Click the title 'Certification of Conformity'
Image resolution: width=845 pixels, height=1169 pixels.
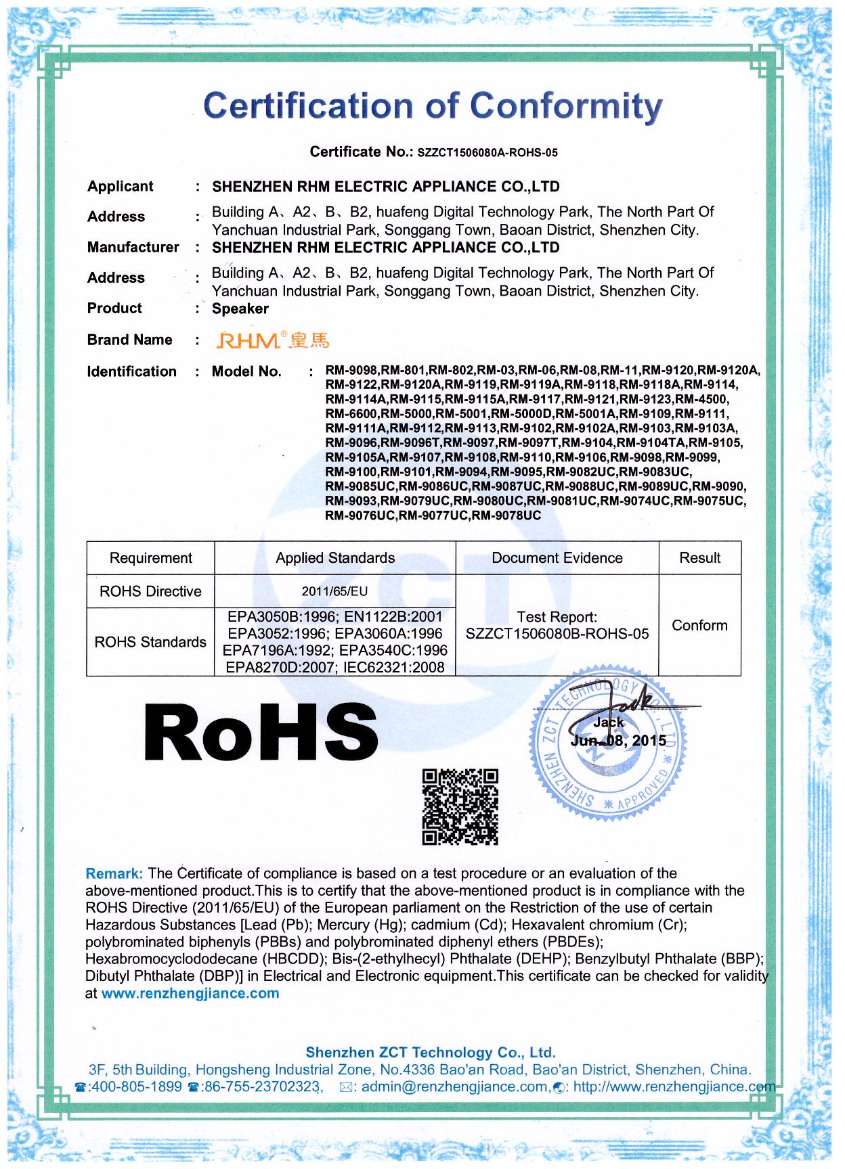[x=433, y=106]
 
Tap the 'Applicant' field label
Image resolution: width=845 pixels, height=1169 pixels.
[x=120, y=187]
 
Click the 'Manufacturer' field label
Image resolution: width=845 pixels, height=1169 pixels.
[x=133, y=248]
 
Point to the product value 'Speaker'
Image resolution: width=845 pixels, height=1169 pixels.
[x=240, y=309]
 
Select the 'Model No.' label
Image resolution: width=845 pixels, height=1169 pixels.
[x=246, y=371]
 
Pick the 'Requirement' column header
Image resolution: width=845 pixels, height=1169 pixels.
[x=150, y=558]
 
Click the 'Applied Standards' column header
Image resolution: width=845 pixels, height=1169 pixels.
[x=335, y=558]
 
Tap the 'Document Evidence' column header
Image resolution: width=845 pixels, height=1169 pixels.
[x=557, y=558]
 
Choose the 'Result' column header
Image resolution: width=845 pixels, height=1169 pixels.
[x=699, y=558]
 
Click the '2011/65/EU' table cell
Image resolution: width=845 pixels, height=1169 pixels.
[x=334, y=591]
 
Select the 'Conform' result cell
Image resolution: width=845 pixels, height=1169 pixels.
[x=699, y=625]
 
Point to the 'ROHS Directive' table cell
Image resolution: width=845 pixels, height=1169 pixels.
[x=150, y=591]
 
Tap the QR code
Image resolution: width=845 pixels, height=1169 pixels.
[x=460, y=807]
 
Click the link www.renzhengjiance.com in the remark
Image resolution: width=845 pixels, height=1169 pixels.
[x=190, y=993]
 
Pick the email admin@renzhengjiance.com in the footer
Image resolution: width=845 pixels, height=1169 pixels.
[x=454, y=1087]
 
